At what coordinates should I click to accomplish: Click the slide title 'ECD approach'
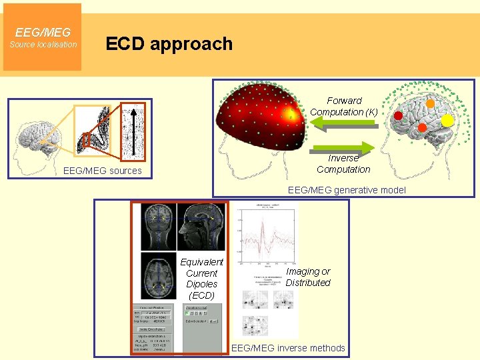tap(169, 44)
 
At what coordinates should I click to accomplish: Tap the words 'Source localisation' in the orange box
tap(43, 45)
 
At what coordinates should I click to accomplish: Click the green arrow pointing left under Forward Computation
tap(344, 124)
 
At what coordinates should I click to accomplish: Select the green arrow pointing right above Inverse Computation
tap(344, 147)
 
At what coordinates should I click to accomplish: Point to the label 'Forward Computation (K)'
tap(344, 106)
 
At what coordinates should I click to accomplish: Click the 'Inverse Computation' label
tap(343, 164)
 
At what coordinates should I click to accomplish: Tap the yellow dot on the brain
tap(447, 120)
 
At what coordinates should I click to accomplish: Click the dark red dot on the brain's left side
tap(398, 115)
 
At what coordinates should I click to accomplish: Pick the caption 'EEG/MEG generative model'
tap(346, 190)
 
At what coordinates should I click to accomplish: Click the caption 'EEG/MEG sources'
tap(102, 171)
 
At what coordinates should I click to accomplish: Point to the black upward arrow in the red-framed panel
tap(134, 131)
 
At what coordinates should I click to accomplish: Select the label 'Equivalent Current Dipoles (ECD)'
tap(201, 279)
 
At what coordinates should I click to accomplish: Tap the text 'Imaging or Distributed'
tap(308, 277)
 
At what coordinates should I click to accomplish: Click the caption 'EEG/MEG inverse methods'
tap(288, 348)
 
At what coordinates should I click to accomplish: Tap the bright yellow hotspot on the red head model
tap(290, 114)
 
